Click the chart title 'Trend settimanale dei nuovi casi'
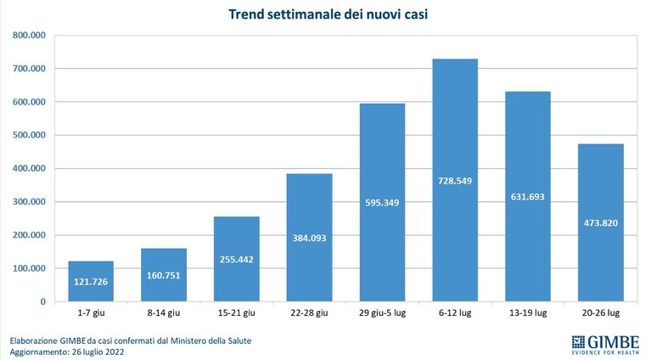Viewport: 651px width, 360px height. [x=328, y=14]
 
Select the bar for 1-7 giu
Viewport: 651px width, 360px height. [x=91, y=281]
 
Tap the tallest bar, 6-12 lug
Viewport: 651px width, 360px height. [x=455, y=180]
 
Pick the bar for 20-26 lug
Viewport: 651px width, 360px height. [x=601, y=222]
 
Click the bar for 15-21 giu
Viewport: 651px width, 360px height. [x=237, y=259]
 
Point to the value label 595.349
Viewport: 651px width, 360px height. [x=382, y=203]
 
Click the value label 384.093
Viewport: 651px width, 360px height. [x=309, y=239]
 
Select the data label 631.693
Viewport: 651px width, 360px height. [x=528, y=197]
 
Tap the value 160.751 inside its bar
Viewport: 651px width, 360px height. [x=164, y=275]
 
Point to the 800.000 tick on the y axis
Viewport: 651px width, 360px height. [x=29, y=36]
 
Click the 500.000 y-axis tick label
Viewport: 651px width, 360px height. [x=29, y=135]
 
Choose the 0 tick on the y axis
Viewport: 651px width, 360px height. [x=42, y=302]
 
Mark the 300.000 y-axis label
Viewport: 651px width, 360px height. [x=29, y=202]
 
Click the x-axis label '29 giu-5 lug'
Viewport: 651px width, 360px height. [x=383, y=313]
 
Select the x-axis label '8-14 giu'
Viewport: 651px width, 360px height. [x=164, y=313]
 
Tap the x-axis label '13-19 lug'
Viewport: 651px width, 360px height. [x=528, y=313]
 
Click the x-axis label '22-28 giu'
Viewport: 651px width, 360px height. [x=309, y=313]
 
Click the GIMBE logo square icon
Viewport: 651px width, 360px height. [x=578, y=341]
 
